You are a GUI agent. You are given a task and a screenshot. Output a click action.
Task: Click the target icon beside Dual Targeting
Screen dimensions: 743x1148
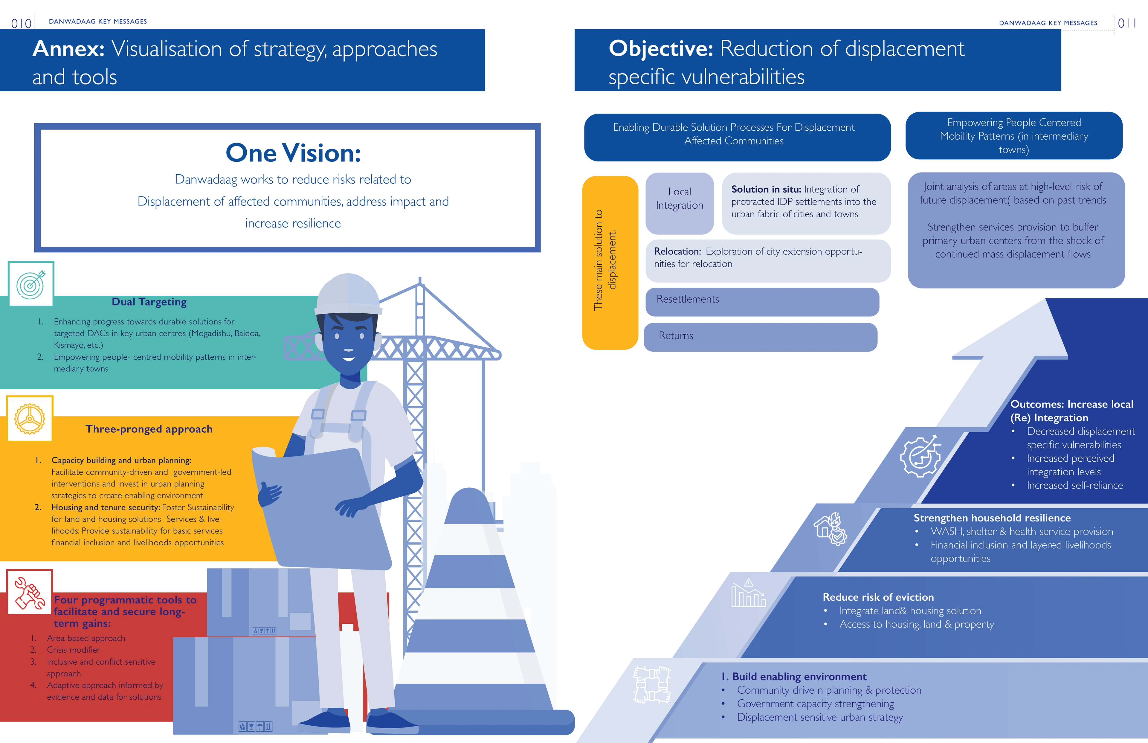pos(30,284)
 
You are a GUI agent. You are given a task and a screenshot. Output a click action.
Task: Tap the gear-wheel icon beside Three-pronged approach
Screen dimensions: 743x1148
pos(29,419)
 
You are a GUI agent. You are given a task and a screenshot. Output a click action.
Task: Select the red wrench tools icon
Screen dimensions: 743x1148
pos(29,593)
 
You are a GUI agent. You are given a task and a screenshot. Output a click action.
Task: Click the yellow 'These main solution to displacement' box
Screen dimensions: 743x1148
pos(610,263)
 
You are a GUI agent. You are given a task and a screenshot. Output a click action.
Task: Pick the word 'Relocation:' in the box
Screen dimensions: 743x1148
pos(677,251)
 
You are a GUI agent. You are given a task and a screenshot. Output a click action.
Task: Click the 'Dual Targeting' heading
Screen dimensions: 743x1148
pos(149,302)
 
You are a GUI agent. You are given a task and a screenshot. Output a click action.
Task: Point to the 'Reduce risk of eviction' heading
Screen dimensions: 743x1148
pos(878,597)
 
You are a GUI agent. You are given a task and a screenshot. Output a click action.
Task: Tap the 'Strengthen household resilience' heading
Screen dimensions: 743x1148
pos(992,518)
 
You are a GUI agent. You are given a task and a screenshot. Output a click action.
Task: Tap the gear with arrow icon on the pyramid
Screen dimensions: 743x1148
pos(920,457)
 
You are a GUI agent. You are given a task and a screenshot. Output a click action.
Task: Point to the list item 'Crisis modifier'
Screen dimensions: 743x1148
pos(73,650)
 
